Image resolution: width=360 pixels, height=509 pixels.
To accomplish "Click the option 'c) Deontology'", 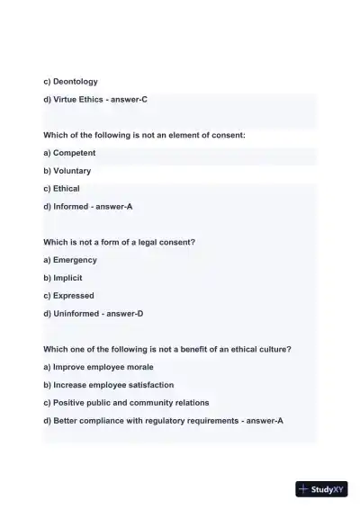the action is [70, 82].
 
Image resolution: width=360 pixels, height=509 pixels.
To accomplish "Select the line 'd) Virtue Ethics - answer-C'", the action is [94, 100].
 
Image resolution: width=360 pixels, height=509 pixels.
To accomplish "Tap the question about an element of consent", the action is [144, 135].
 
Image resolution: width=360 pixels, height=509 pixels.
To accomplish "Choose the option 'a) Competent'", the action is [69, 153].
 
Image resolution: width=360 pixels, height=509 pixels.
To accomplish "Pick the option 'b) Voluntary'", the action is [67, 171].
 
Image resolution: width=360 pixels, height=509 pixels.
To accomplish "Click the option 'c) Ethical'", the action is [61, 189].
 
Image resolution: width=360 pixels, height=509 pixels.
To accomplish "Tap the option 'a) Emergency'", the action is [69, 260].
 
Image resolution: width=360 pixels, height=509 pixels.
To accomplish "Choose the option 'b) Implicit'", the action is [62, 278].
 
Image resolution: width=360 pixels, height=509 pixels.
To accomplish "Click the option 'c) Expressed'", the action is [68, 296].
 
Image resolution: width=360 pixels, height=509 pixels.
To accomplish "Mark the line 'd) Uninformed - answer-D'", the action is [93, 314].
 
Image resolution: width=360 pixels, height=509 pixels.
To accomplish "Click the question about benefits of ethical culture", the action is [166, 349].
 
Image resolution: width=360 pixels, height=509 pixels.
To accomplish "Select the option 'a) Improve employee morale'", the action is [98, 367].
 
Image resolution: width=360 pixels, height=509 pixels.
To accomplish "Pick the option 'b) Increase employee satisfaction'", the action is [108, 385].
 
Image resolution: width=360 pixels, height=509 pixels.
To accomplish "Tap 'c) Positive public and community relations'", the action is [126, 403].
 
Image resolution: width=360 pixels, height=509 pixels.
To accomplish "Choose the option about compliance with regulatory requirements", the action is [163, 421].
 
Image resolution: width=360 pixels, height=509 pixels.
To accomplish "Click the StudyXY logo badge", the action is [321, 489].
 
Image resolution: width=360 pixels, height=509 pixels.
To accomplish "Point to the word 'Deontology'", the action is [76, 82].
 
